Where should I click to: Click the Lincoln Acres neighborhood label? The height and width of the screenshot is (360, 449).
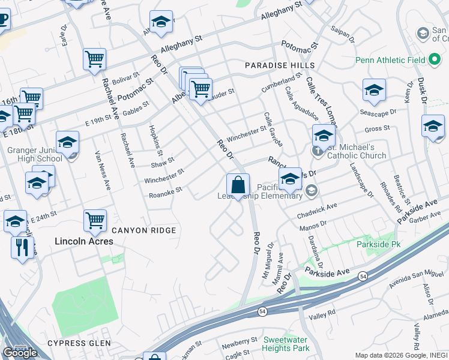click(x=83, y=241)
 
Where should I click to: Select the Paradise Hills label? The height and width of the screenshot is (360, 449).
click(x=279, y=65)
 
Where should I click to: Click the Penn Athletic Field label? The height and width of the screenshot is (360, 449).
click(x=390, y=60)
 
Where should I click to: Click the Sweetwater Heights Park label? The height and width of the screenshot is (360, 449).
click(x=286, y=344)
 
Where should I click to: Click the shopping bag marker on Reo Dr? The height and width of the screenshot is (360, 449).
click(x=238, y=185)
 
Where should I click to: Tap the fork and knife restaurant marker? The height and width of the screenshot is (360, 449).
click(x=22, y=247)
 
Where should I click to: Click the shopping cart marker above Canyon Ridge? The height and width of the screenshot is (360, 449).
click(x=95, y=220)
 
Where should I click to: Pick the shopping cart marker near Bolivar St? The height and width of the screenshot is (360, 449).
click(x=94, y=59)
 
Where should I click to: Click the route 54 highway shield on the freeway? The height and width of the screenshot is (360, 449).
click(x=364, y=275)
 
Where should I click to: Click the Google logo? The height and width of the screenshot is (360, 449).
click(x=20, y=353)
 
